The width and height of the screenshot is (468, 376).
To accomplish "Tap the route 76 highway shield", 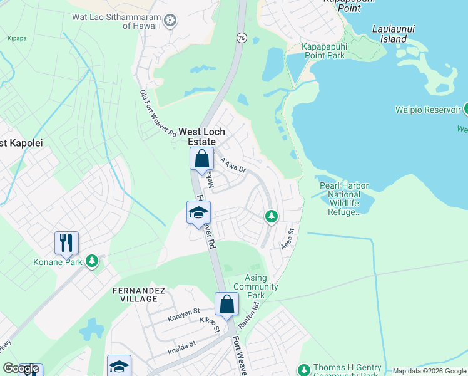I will [x=242, y=39].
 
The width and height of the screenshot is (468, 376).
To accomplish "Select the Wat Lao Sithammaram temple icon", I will [x=168, y=21].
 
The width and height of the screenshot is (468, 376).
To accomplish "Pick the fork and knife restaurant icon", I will [x=66, y=243].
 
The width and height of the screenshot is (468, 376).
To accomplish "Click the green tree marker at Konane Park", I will [x=92, y=260].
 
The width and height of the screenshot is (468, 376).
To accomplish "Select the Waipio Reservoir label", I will [x=427, y=110].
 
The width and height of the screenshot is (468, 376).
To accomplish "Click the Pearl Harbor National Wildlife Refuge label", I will [x=344, y=199].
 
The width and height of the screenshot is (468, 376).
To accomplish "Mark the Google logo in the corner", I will [x=21, y=368].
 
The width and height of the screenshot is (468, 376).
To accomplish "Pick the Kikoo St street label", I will [x=210, y=325].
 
